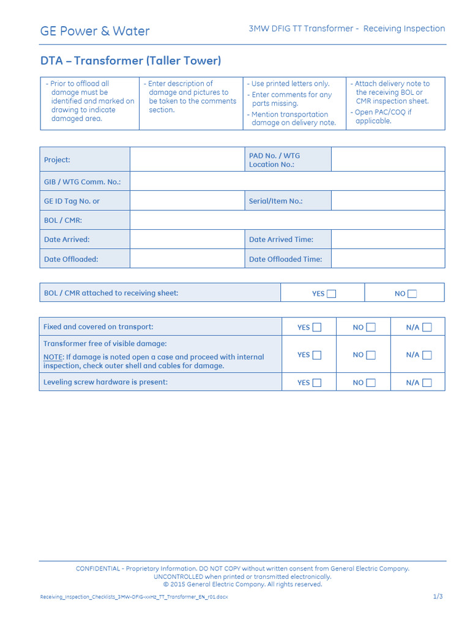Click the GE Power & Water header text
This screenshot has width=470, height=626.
coord(95,31)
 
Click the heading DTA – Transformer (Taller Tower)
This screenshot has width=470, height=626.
coord(130,61)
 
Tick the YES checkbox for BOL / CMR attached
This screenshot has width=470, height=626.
coord(331,293)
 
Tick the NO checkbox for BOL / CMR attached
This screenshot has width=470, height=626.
coord(412,293)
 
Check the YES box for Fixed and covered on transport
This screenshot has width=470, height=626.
coord(316,327)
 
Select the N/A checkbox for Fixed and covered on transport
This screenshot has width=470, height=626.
coord(427,327)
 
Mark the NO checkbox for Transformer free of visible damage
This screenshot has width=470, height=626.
coord(370,355)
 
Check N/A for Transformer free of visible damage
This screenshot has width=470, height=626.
coord(427,355)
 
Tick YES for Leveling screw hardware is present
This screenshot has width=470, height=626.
coord(316,383)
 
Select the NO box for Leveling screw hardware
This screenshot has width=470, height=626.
coord(370,383)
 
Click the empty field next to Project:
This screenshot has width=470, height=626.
coord(187,160)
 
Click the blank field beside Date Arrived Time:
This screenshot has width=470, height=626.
coord(387,240)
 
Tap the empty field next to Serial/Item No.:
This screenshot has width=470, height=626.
coord(387,201)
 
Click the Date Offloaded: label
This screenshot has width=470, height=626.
coord(71,259)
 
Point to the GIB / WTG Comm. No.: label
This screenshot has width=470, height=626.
coord(82,182)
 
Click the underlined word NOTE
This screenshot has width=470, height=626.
coord(53,357)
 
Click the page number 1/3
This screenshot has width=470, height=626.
coord(438,596)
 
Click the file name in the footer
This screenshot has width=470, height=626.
coord(133,597)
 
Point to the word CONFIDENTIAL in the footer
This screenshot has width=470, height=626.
coord(98,569)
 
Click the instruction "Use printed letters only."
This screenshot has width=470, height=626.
coord(290,84)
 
